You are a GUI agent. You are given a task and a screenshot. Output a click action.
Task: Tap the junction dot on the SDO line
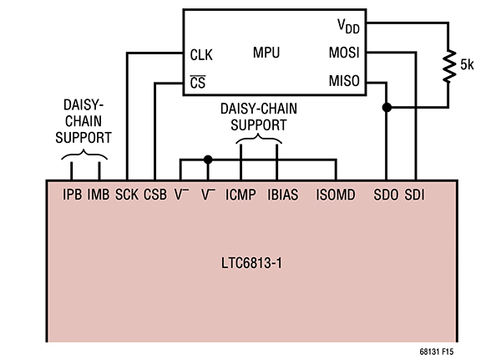coord(386,108)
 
